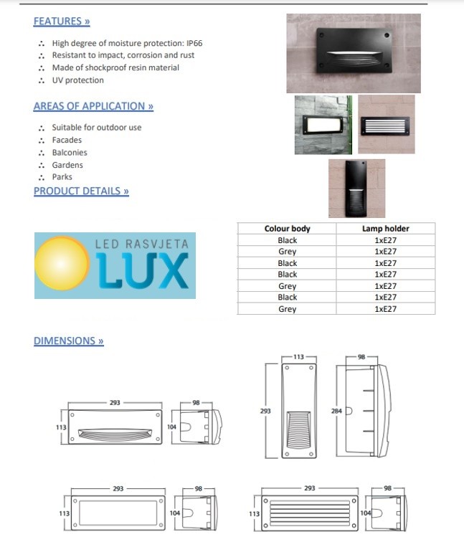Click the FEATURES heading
click(x=62, y=22)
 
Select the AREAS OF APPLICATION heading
click(x=93, y=106)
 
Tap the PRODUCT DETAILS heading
click(x=81, y=191)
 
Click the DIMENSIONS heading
click(x=68, y=341)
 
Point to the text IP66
click(x=194, y=43)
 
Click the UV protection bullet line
click(x=77, y=80)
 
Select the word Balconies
click(x=70, y=153)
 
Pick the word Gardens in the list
click(x=67, y=165)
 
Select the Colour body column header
click(x=287, y=229)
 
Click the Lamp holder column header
click(x=386, y=229)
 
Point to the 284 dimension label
click(x=336, y=412)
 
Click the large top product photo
click(x=354, y=54)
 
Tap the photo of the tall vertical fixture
click(x=356, y=189)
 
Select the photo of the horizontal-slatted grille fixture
click(x=387, y=125)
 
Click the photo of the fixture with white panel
click(x=323, y=125)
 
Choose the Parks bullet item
click(x=62, y=177)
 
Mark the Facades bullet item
click(x=67, y=140)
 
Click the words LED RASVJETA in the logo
click(x=142, y=244)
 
